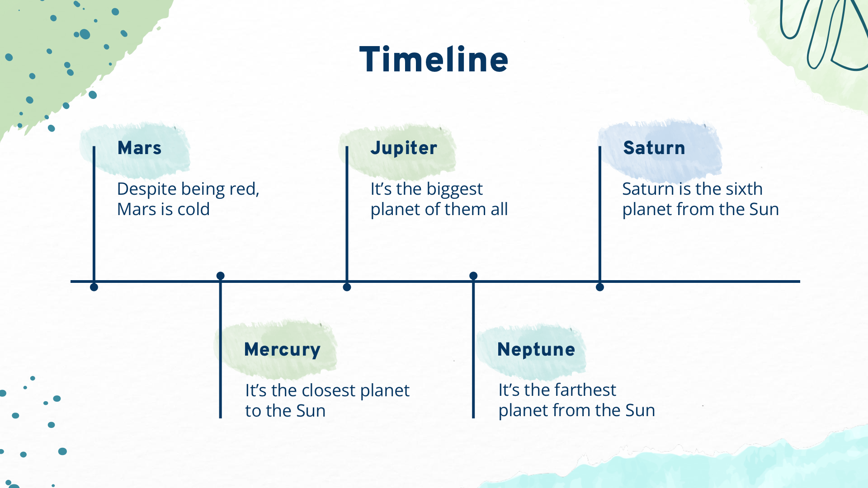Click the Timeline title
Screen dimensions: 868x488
(434, 60)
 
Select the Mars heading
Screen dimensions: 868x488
(139, 148)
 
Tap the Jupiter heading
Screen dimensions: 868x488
(404, 148)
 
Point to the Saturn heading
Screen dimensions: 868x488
(654, 148)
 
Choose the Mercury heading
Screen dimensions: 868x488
(282, 350)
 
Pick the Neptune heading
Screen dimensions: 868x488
(536, 350)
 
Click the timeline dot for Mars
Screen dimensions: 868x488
(94, 287)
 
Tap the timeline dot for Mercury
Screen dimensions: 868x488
(221, 276)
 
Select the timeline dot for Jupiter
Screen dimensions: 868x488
(347, 287)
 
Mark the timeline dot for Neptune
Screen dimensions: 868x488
(473, 276)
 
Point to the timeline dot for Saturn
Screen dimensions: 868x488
(600, 287)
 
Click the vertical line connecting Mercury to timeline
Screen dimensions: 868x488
(221, 347)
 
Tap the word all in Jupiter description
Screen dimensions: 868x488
(499, 209)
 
